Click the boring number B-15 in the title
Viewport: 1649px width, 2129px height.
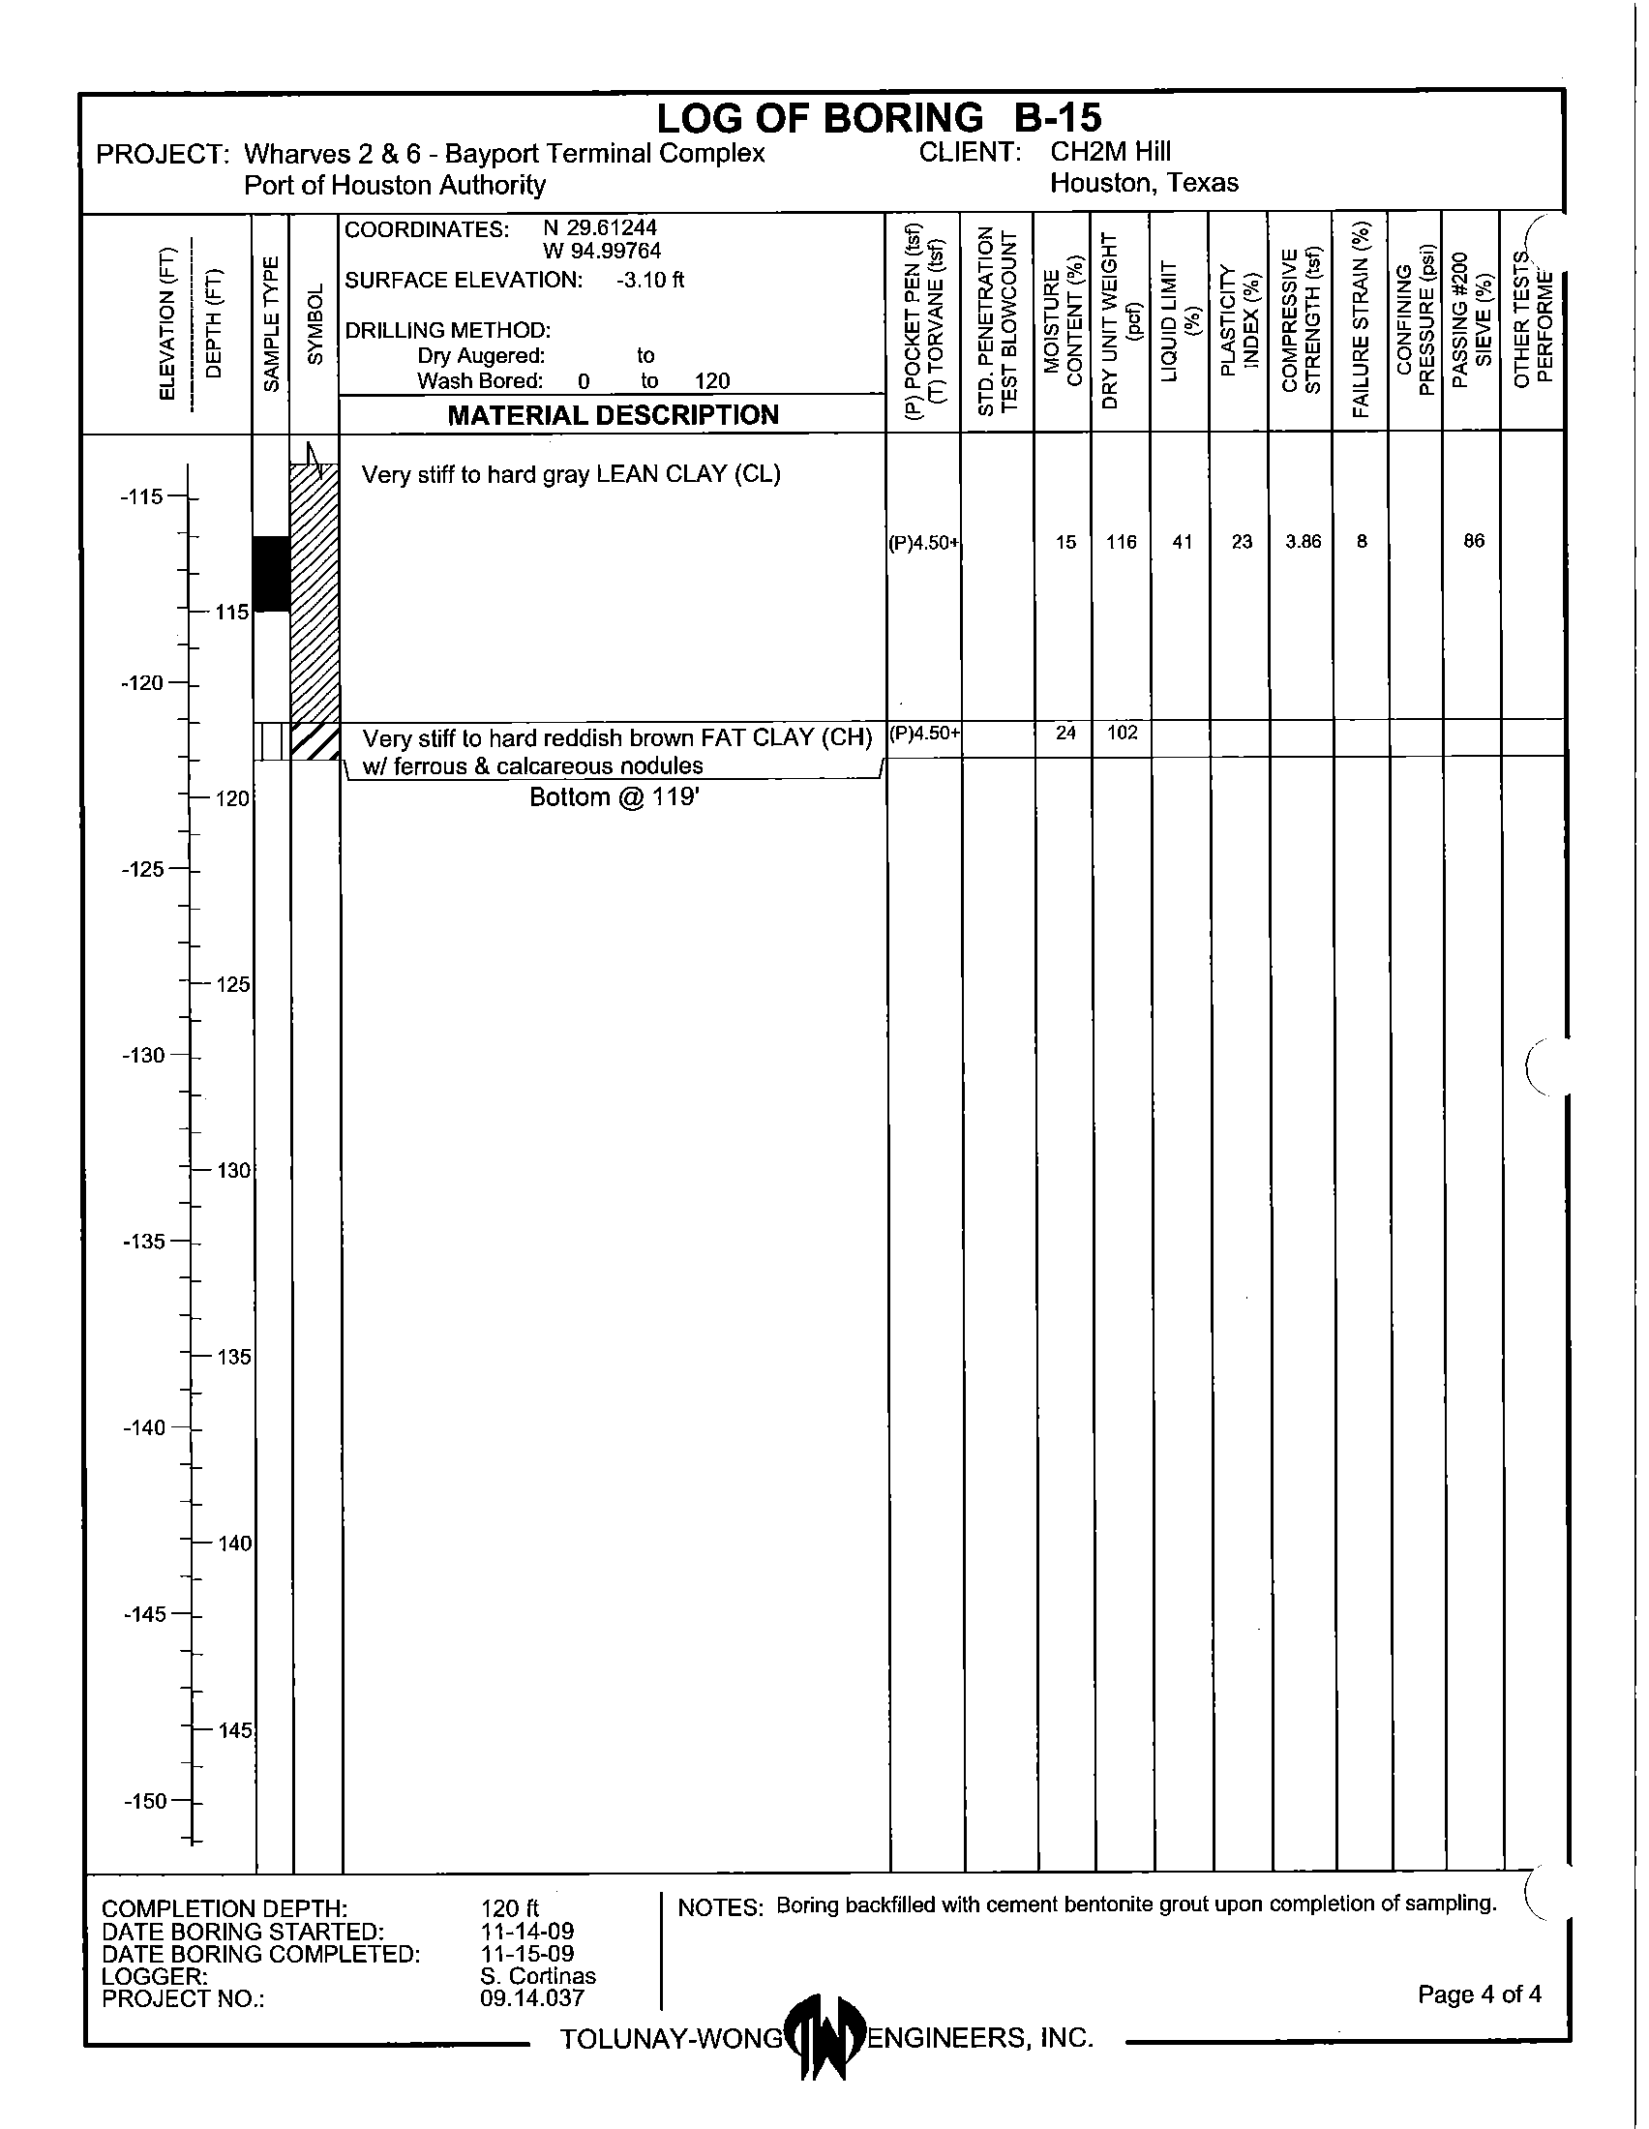click(1057, 118)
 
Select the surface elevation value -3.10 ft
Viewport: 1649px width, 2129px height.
click(650, 281)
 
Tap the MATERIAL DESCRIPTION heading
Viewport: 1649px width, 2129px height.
click(612, 415)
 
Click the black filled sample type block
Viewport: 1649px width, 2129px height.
click(272, 573)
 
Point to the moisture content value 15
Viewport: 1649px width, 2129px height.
click(1065, 542)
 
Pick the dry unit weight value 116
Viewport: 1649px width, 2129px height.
click(1121, 542)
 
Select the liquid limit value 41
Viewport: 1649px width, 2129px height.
click(1182, 542)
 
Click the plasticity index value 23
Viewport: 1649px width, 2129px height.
click(1241, 542)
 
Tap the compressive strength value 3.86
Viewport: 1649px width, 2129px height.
click(1302, 542)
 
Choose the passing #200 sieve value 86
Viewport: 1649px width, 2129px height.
click(1473, 541)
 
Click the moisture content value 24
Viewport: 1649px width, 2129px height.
click(1065, 733)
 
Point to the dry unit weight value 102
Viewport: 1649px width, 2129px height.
click(1122, 733)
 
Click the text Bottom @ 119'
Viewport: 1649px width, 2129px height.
click(614, 797)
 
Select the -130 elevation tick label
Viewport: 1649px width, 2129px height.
click(143, 1055)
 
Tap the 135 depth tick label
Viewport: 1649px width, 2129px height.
click(234, 1357)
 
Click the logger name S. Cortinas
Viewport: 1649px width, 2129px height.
click(537, 1976)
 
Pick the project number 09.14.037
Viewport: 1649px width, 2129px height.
click(531, 1998)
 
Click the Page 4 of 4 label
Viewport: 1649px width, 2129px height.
click(1479, 1994)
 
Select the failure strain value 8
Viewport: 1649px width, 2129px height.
click(1362, 542)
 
